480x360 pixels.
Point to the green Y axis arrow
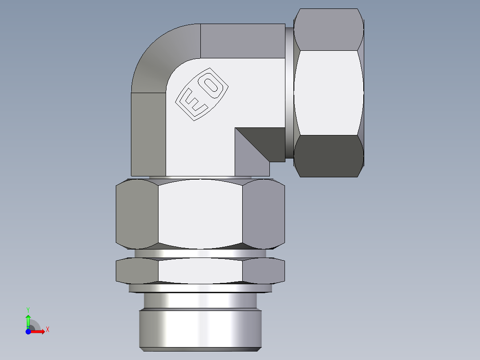click(x=28, y=320)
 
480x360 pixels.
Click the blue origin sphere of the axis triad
click(x=28, y=331)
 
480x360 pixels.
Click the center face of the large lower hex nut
click(x=200, y=214)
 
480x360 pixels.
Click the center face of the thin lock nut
click(x=200, y=270)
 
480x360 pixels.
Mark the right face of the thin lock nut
click(x=264, y=270)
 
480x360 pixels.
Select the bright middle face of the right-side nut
click(x=329, y=93)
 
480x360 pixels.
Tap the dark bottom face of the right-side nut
click(x=329, y=156)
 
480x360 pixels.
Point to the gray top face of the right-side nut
click(x=329, y=29)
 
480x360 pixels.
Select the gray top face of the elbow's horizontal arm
click(x=243, y=41)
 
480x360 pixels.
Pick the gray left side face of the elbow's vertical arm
click(x=148, y=134)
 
